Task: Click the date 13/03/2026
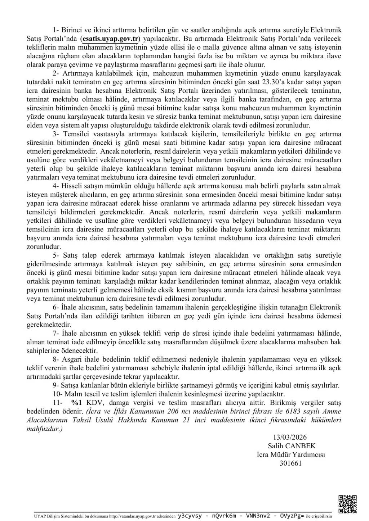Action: point(290,437)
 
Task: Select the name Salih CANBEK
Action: point(292,446)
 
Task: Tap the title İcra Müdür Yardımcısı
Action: point(290,454)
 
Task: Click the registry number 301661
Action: point(290,463)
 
